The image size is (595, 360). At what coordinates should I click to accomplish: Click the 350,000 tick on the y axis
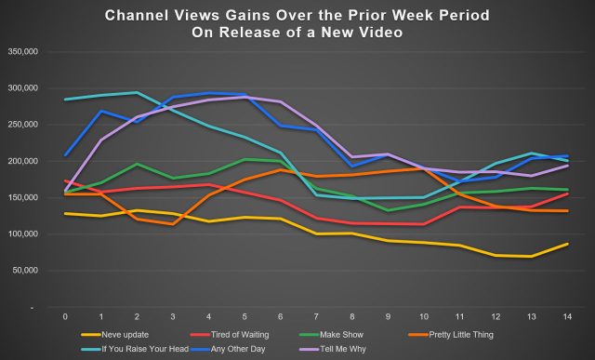point(20,52)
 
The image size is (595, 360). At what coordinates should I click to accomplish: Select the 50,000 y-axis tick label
point(23,271)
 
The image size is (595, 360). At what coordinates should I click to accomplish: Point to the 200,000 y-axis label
point(20,162)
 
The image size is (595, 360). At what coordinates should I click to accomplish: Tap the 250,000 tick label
point(20,125)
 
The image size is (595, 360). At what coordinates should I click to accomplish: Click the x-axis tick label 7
point(318,317)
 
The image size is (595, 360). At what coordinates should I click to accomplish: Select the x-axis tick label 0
point(65,317)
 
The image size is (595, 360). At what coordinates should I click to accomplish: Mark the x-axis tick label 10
point(423,317)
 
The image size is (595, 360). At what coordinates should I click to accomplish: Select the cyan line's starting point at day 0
point(65,100)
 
